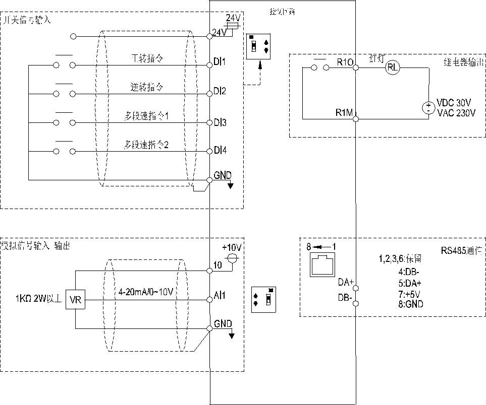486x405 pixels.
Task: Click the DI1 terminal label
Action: tap(220, 62)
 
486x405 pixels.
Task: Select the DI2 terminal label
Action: tap(220, 92)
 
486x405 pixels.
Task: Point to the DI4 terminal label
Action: tap(220, 150)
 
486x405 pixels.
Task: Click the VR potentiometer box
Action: tap(75, 301)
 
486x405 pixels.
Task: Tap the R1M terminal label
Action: tap(344, 112)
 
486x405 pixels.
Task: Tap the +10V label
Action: tap(232, 248)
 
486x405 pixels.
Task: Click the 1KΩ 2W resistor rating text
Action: tap(38, 300)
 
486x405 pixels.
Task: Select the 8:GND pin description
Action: tap(411, 304)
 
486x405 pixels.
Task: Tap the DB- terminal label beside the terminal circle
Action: tap(345, 298)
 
